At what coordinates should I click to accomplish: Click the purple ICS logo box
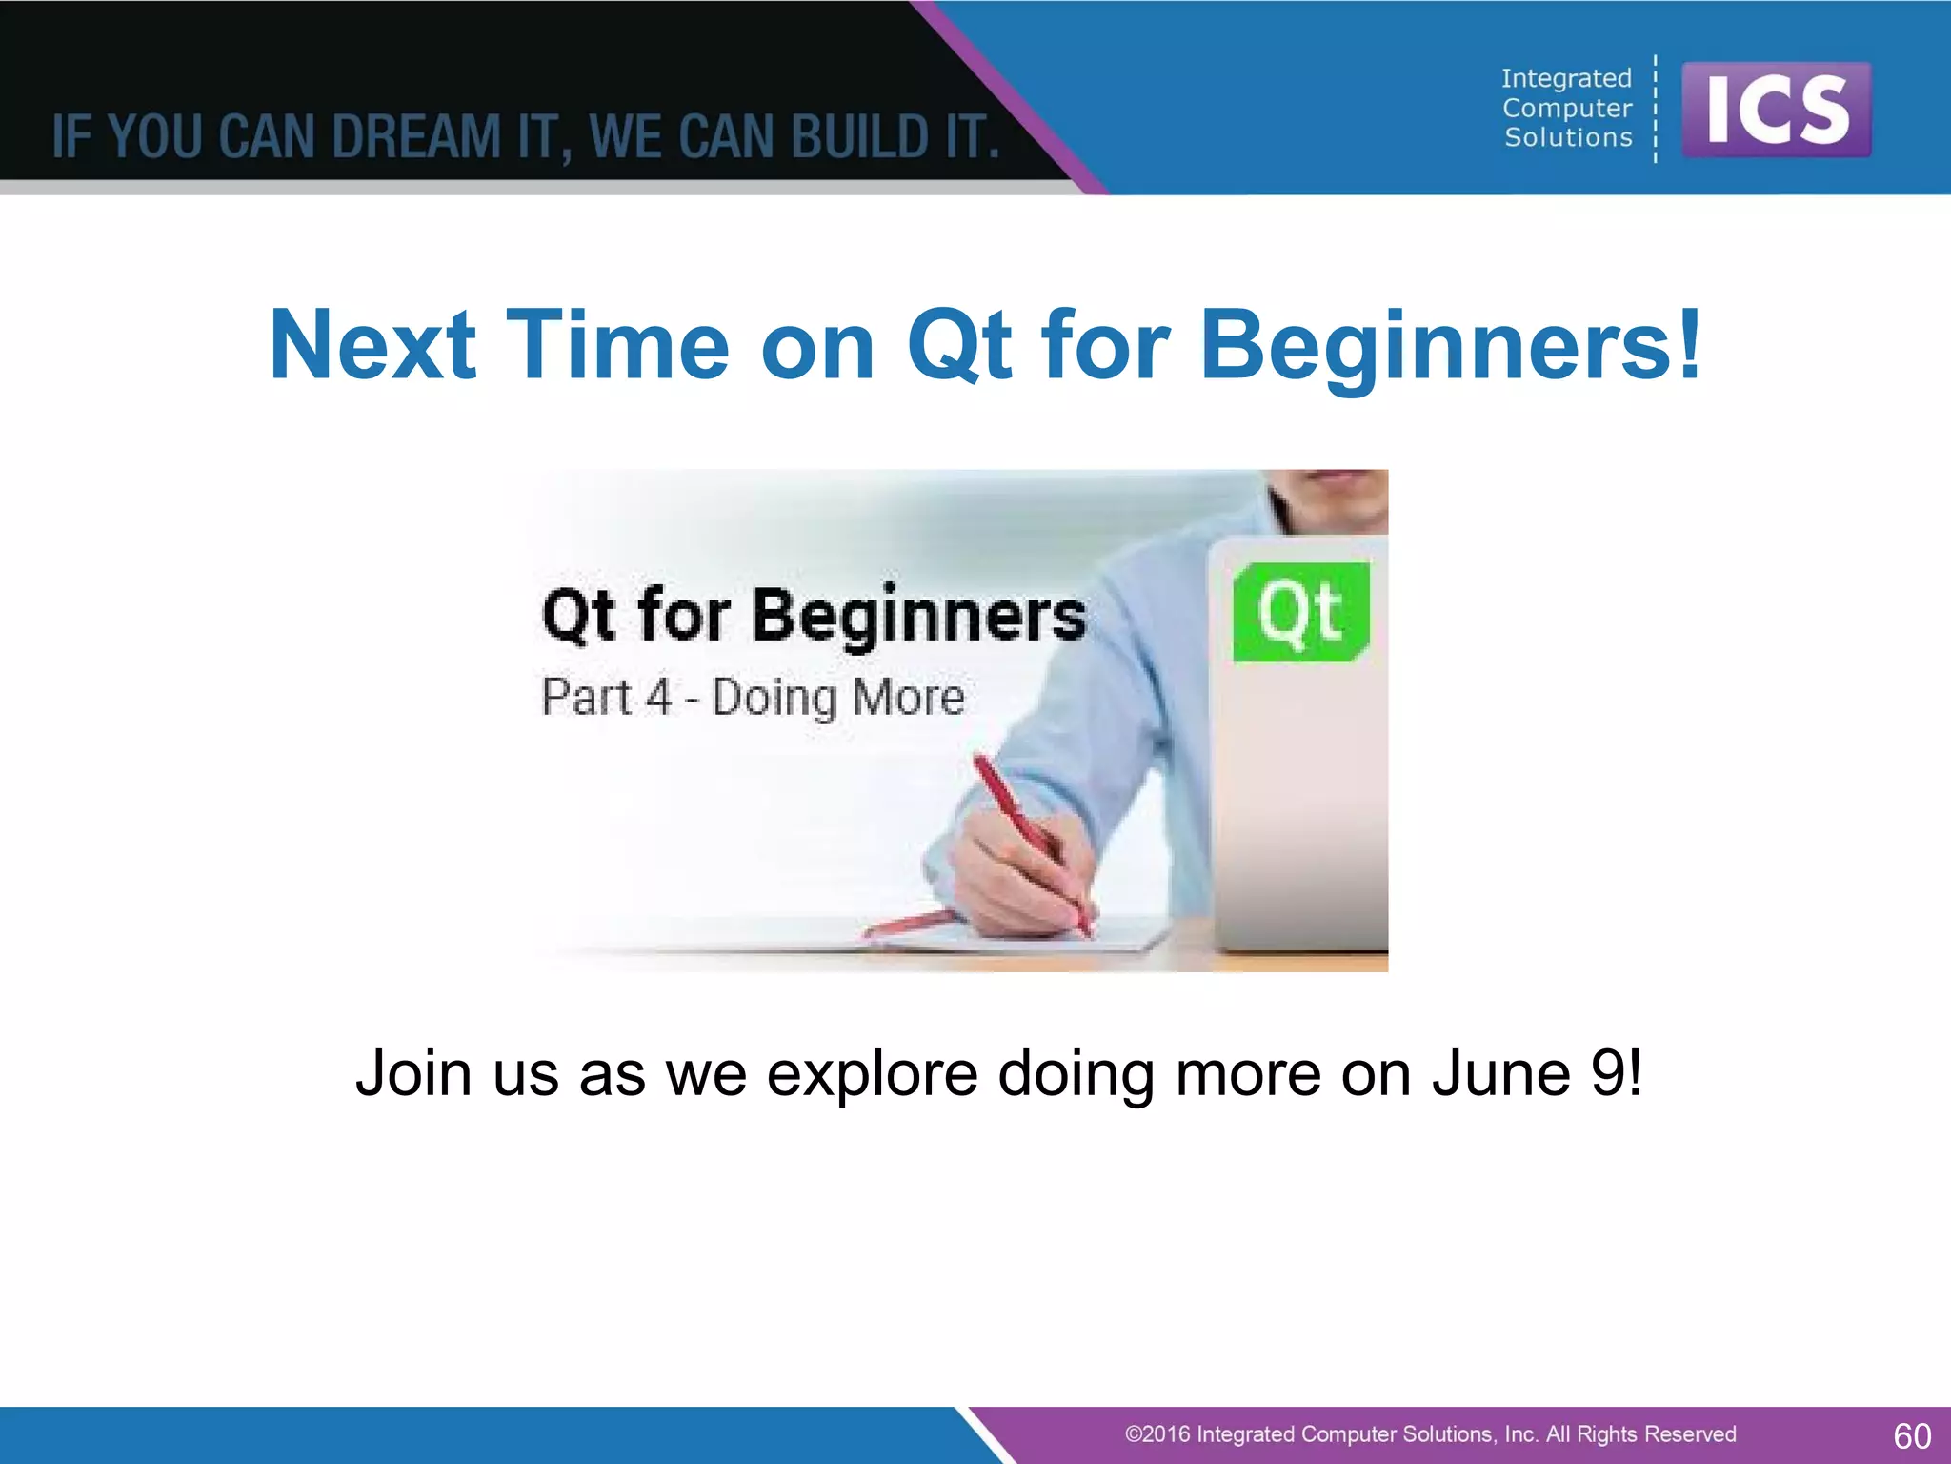(x=1777, y=111)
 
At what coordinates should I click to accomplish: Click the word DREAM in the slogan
(x=415, y=137)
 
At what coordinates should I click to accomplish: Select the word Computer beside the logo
(x=1567, y=109)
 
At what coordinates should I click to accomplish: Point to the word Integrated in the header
(x=1566, y=78)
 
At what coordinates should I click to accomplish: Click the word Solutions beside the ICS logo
(x=1568, y=138)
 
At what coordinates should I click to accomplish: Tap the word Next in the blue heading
(x=372, y=345)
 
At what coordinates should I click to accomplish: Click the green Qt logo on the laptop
(x=1300, y=612)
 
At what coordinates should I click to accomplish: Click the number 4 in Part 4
(x=658, y=697)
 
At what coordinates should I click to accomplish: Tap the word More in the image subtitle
(x=909, y=697)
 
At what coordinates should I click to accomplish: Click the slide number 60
(x=1911, y=1435)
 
